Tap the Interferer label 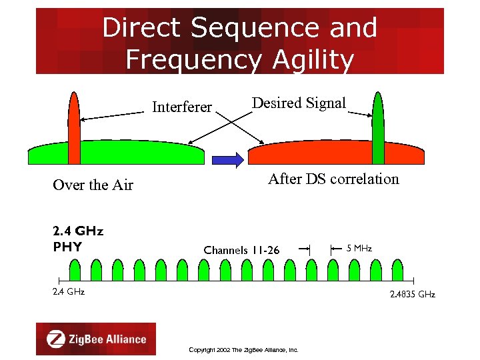pos(182,107)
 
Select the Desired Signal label pos(299,103)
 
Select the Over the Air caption pos(93,185)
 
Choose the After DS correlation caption pos(333,179)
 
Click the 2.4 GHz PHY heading pos(77,239)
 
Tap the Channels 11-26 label pos(241,251)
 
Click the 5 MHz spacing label pos(359,248)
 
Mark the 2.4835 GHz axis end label pos(412,294)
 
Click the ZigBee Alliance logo pos(96,339)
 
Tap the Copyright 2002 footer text pos(243,349)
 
